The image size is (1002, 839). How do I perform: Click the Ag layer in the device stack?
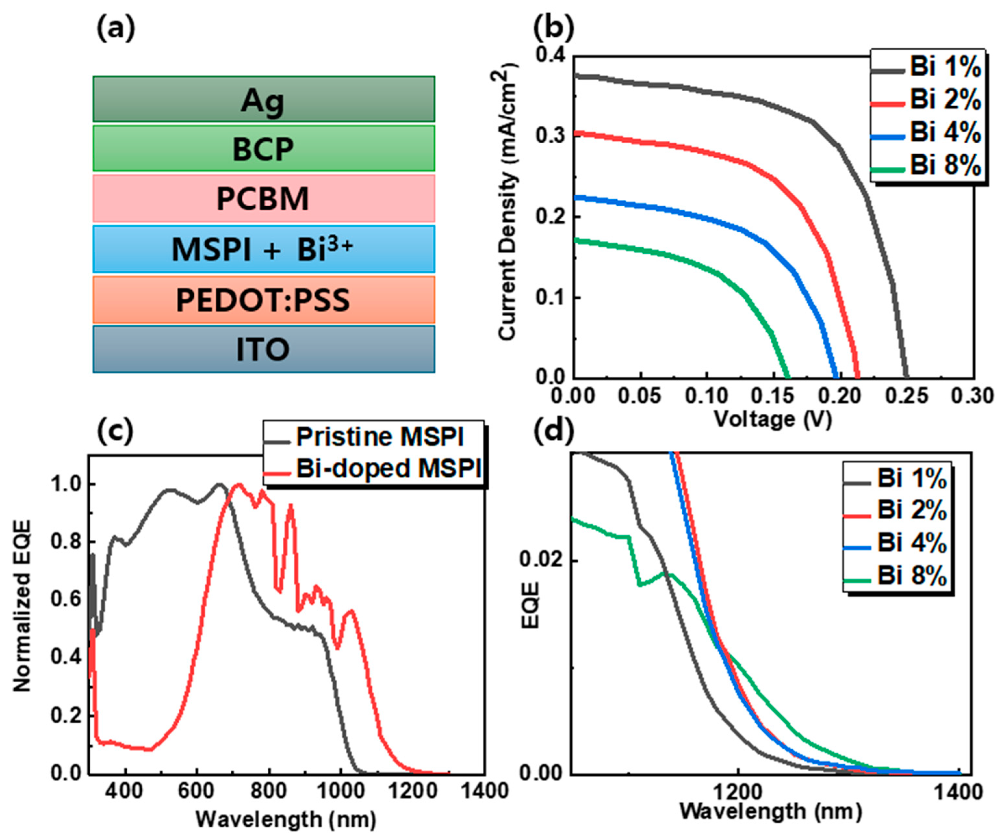click(x=263, y=99)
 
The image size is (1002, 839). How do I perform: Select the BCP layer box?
click(x=263, y=148)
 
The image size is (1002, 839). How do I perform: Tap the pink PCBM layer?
click(x=263, y=198)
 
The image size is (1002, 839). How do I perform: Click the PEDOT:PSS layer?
click(x=263, y=300)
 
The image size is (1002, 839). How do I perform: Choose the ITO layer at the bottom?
click(x=263, y=349)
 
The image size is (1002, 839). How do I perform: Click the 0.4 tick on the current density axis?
click(x=550, y=56)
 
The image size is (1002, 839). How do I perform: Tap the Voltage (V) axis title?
click(x=773, y=419)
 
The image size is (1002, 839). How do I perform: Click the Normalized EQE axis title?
click(x=21, y=606)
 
